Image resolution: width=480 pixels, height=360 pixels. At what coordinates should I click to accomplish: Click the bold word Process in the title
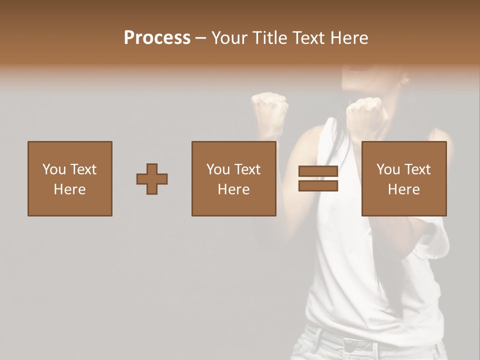point(157,38)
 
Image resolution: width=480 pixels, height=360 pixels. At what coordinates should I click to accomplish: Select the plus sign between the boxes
point(152,178)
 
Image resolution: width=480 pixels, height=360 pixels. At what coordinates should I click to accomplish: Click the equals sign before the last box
point(318,178)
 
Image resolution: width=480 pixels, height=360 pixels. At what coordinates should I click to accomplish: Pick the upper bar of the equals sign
point(318,171)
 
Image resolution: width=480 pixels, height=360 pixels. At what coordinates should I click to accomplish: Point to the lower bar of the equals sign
point(318,185)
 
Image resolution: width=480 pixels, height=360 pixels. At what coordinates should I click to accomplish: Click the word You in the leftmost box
point(54,169)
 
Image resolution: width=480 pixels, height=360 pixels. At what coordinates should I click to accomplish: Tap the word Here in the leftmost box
point(69,189)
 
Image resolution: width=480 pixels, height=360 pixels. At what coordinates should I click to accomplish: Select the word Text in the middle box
point(247,169)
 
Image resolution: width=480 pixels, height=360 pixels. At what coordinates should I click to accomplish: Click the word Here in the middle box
point(233,189)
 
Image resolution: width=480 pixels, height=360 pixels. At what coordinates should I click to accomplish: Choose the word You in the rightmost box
point(388,169)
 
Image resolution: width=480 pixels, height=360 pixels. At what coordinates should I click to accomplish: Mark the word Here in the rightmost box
point(403,189)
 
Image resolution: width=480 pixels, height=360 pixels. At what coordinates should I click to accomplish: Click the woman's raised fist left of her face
point(270,107)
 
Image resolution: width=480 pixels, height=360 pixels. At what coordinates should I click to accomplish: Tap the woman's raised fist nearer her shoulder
point(365,111)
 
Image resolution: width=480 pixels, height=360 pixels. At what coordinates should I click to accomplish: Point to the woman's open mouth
point(368,75)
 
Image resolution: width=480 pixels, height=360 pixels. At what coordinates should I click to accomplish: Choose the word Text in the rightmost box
point(417,169)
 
